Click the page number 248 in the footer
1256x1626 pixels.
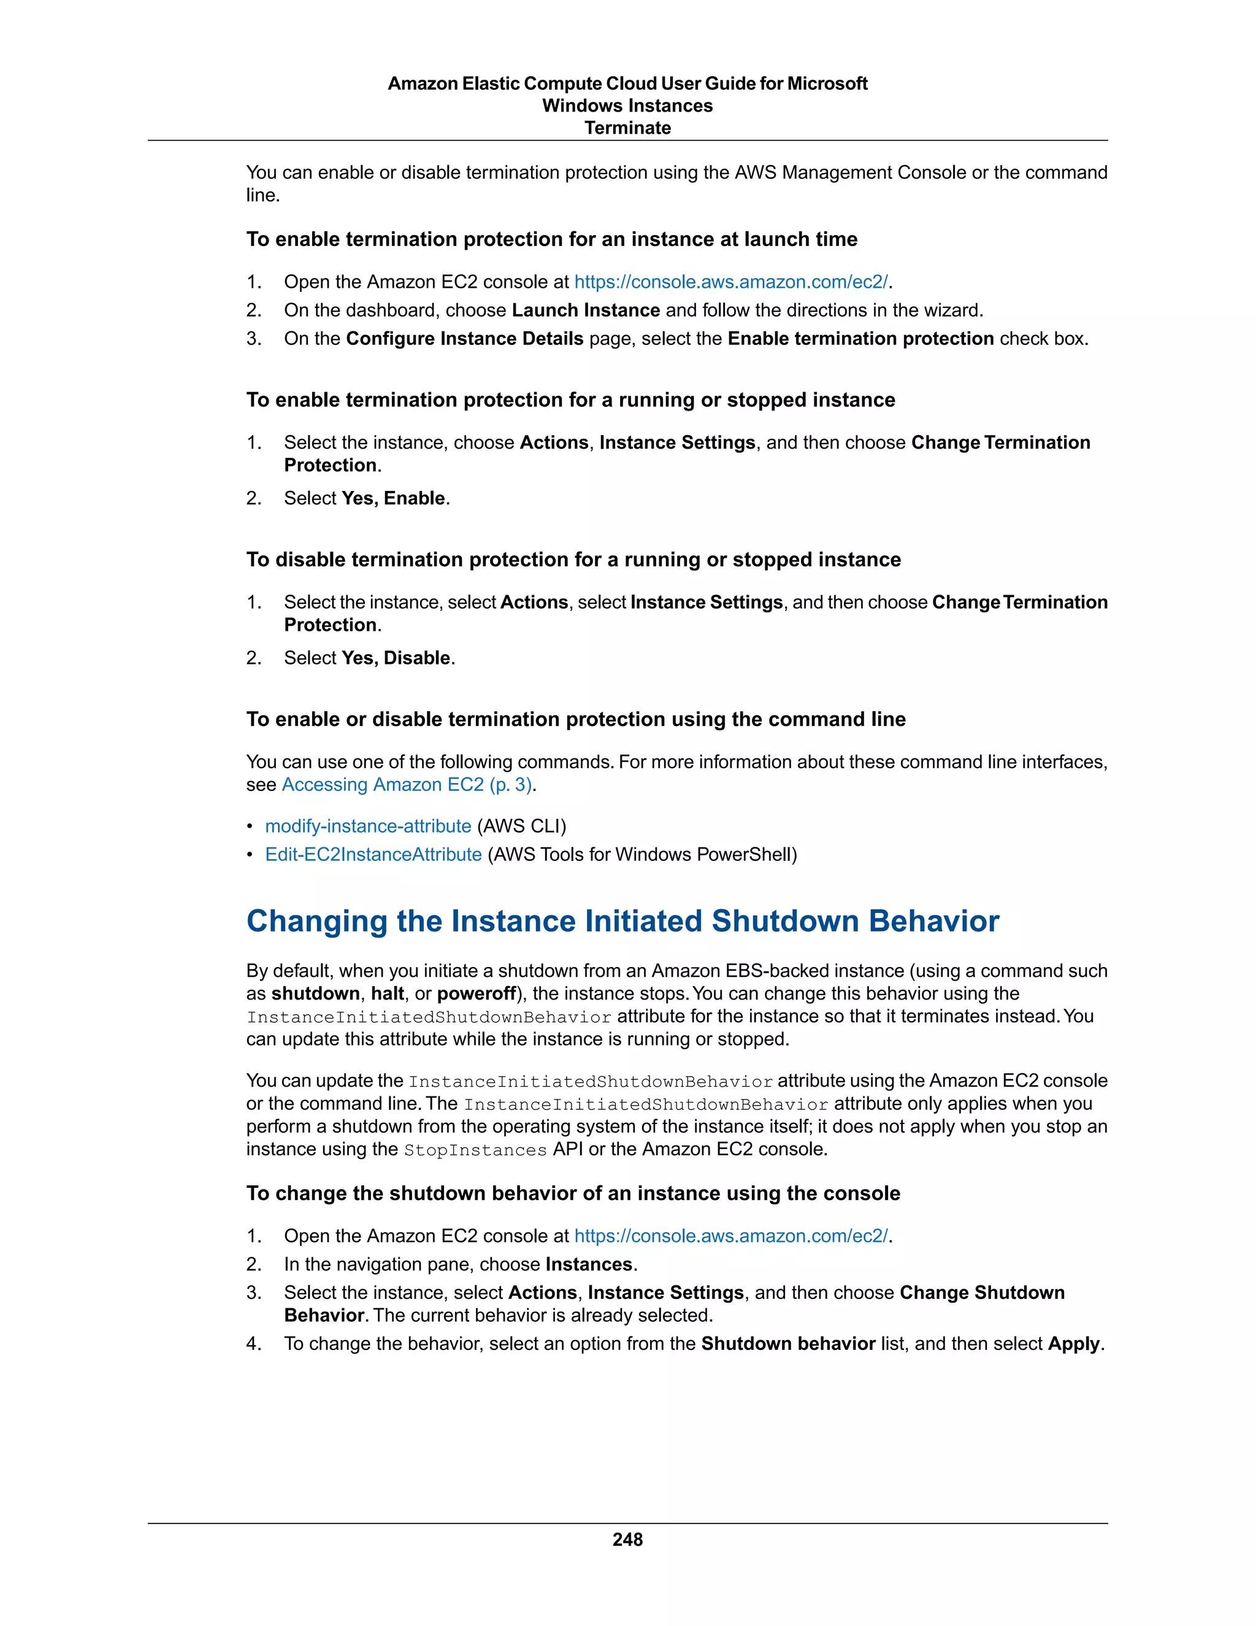tap(627, 1539)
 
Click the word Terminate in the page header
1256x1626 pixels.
tap(627, 128)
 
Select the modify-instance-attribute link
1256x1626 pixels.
tap(367, 826)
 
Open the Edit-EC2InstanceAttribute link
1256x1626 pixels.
tap(373, 854)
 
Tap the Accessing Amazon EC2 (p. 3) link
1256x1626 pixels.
tap(406, 784)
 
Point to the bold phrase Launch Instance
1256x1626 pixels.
tap(586, 310)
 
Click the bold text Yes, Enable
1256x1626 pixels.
tap(393, 498)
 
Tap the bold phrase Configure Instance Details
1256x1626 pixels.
tap(464, 338)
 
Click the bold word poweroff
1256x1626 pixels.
tap(476, 993)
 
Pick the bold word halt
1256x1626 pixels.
tap(387, 993)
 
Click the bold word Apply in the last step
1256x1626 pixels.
tap(1073, 1343)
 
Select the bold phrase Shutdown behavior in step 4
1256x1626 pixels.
tap(787, 1343)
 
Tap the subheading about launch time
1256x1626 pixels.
tap(551, 239)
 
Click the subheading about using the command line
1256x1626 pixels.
tap(575, 719)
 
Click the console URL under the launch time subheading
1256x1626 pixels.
tap(730, 282)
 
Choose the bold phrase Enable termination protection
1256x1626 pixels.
tap(860, 338)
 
